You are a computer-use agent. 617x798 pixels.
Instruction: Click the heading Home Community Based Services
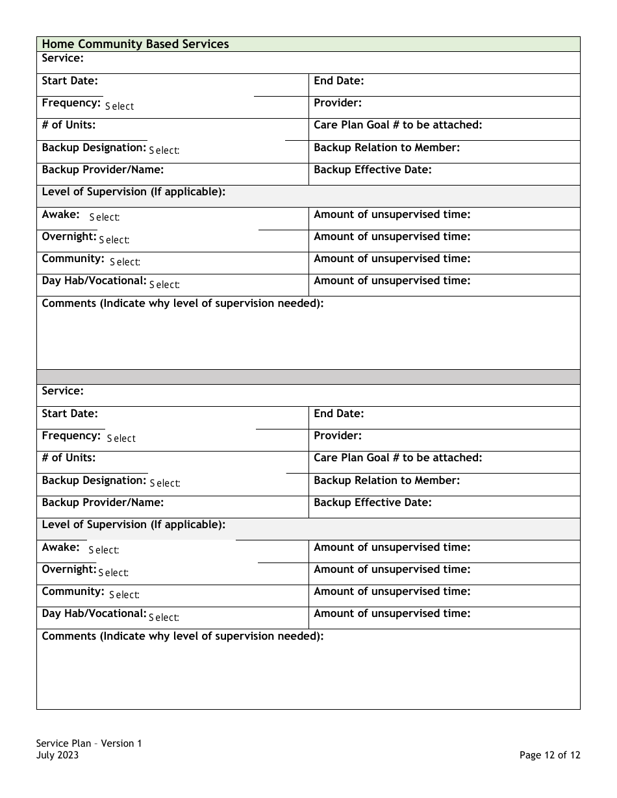[x=135, y=44]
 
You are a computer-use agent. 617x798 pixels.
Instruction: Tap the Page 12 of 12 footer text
[x=549, y=755]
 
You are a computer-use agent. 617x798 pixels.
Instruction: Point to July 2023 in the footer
[x=58, y=755]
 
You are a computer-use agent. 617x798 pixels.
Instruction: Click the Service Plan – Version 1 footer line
[x=89, y=744]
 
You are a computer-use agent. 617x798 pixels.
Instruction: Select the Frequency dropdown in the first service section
[x=120, y=106]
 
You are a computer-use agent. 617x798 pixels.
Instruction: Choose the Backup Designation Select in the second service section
[x=165, y=483]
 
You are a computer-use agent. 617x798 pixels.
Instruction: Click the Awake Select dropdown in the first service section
[x=105, y=217]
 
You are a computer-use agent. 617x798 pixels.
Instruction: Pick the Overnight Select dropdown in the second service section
[x=114, y=573]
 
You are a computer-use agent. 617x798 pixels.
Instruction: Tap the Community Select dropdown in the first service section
[x=125, y=262]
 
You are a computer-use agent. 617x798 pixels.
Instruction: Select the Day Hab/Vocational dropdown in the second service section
[x=164, y=618]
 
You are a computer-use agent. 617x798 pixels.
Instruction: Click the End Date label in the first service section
[x=339, y=81]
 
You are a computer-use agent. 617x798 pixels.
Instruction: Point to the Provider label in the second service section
[x=338, y=436]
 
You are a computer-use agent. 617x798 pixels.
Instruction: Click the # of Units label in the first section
[x=68, y=125]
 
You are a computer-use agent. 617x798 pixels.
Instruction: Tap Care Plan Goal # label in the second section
[x=397, y=458]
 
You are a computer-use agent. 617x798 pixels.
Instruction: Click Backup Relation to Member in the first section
[x=386, y=148]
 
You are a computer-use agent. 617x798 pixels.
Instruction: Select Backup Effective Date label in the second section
[x=372, y=503]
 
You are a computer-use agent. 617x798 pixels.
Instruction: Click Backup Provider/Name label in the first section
[x=103, y=170]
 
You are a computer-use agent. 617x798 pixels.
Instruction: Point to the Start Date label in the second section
[x=69, y=414]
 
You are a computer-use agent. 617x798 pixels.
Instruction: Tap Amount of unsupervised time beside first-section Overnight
[x=392, y=237]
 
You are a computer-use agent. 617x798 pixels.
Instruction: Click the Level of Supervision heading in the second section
[x=133, y=525]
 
